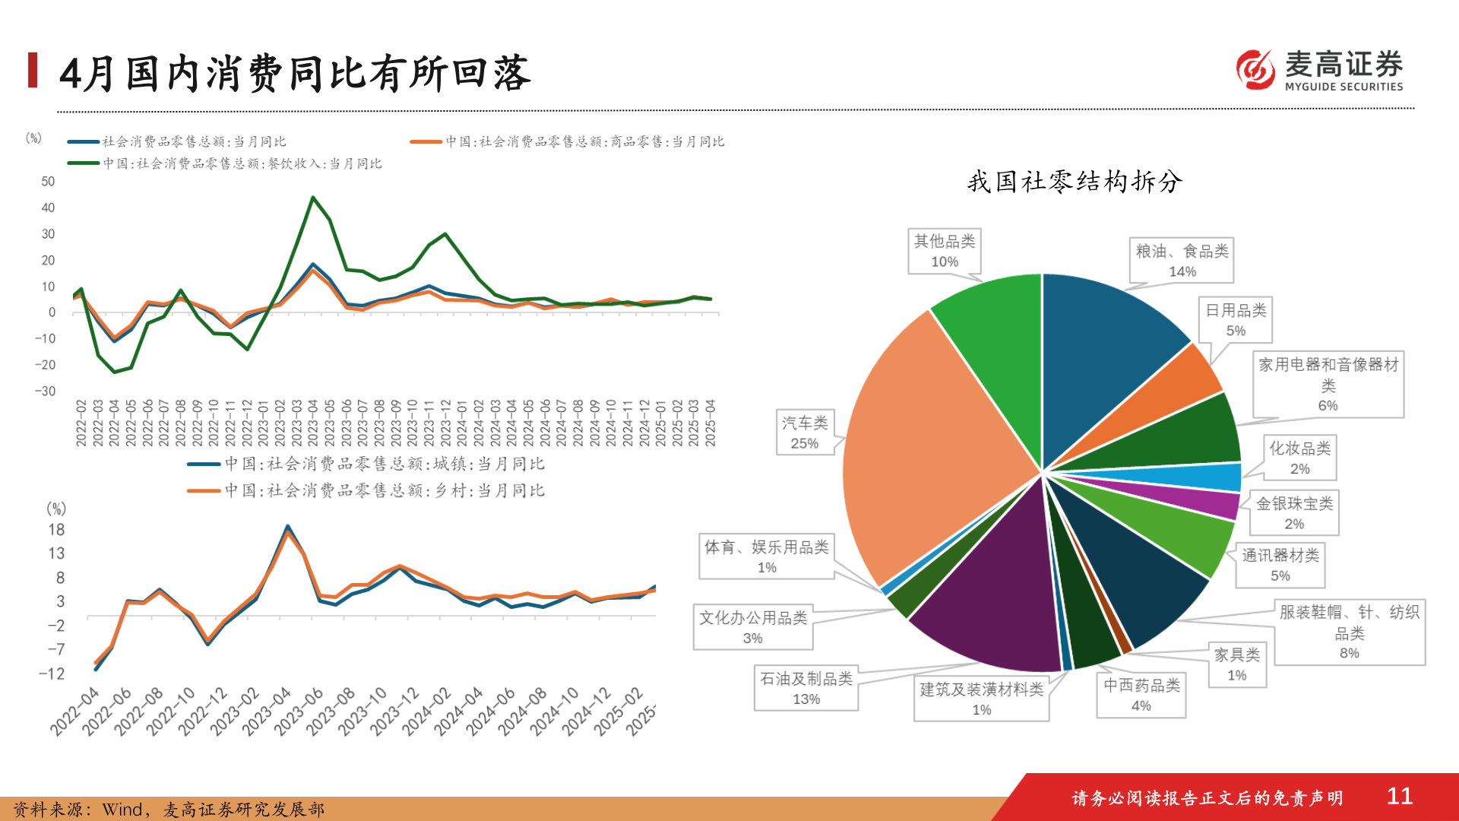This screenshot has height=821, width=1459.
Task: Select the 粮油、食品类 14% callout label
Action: point(1182,260)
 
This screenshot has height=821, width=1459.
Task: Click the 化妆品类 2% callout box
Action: point(1299,458)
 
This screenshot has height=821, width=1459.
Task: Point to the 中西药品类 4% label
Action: point(1141,695)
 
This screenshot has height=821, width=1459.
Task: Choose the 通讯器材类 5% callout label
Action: point(1280,565)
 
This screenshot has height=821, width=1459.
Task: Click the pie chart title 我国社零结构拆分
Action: point(1074,182)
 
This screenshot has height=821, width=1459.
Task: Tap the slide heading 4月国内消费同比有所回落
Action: point(295,74)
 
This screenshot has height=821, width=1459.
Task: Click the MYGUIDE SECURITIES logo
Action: point(1320,70)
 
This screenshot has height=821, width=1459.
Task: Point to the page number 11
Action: point(1399,796)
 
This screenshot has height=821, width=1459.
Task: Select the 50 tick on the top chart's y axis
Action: point(48,182)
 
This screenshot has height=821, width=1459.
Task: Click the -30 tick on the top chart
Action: point(46,391)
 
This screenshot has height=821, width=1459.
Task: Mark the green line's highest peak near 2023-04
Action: point(312,198)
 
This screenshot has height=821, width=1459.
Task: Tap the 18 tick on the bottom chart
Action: point(56,530)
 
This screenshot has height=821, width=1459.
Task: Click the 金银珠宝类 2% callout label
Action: point(1293,513)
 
